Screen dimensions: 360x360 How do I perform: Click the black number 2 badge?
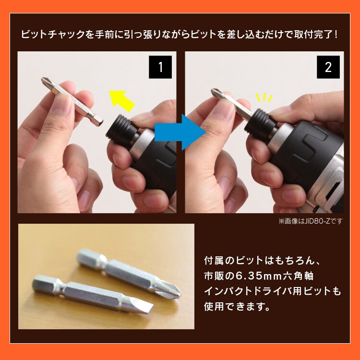coord(328,67)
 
